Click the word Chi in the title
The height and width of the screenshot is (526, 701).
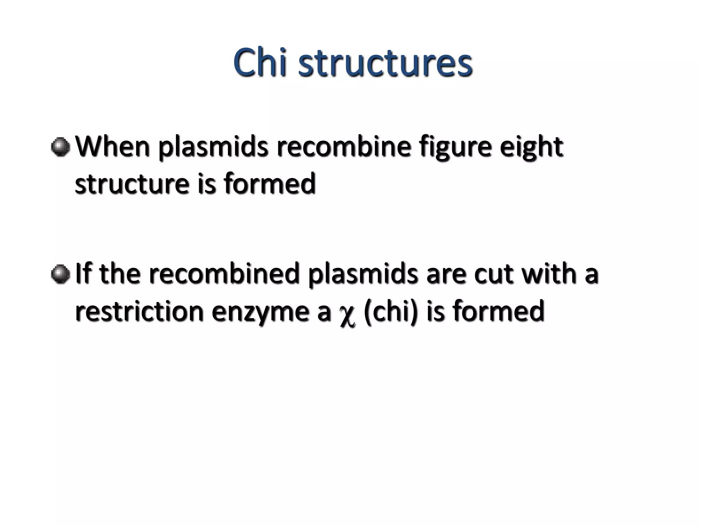(260, 63)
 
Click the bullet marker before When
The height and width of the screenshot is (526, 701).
(61, 147)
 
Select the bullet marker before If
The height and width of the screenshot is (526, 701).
(61, 274)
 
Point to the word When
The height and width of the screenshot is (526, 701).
(113, 147)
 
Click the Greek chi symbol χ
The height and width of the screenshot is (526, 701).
(347, 314)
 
